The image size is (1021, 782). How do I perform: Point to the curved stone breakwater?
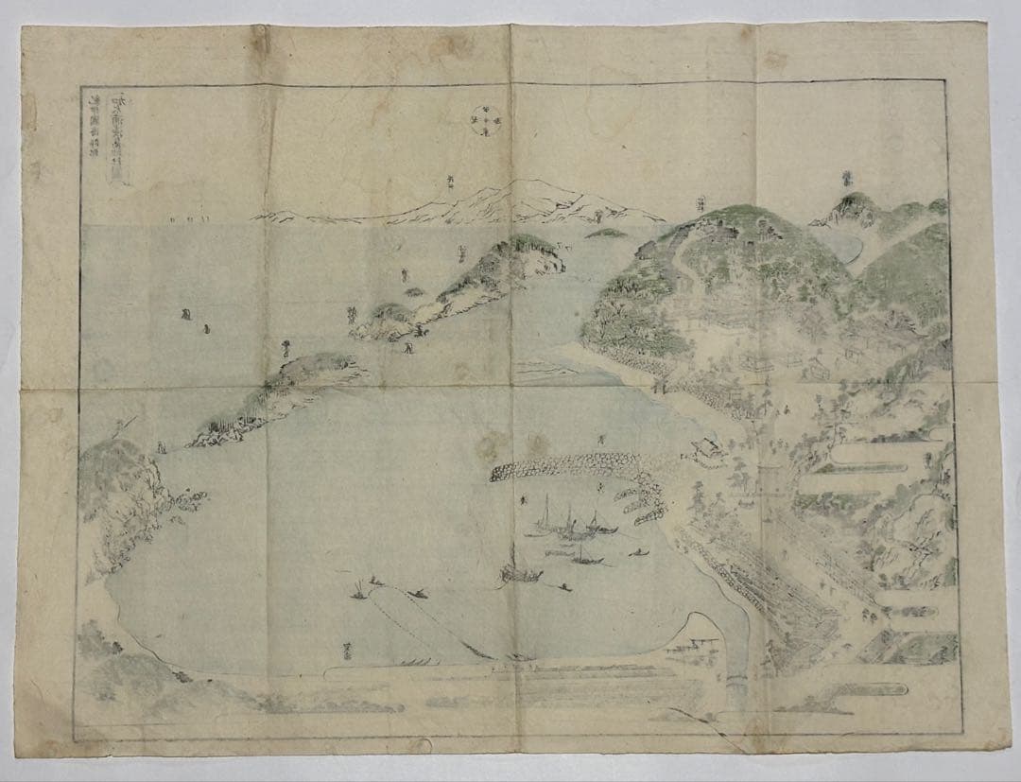coord(567,465)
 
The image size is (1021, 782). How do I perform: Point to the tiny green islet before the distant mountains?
coord(605,232)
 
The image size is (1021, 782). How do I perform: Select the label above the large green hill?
coord(701,201)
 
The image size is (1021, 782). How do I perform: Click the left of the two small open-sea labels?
coord(185,316)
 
